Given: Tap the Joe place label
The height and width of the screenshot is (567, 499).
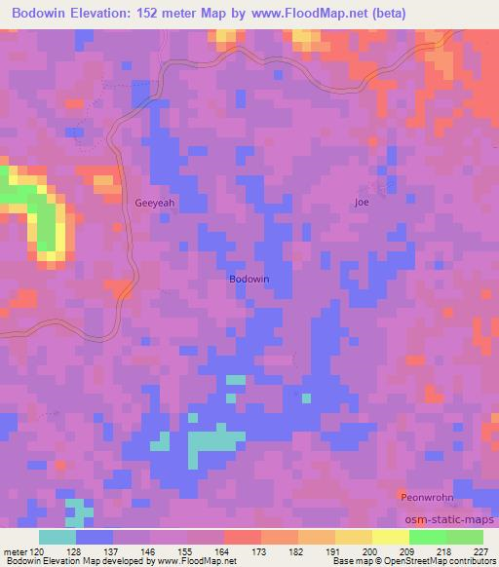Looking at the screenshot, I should click(x=362, y=202).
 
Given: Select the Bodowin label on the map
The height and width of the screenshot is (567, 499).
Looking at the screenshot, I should click(x=249, y=279).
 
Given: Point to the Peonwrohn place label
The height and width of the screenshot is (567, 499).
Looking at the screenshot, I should click(x=426, y=497).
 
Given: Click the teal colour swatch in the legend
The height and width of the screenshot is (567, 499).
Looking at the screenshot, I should click(x=58, y=537).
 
